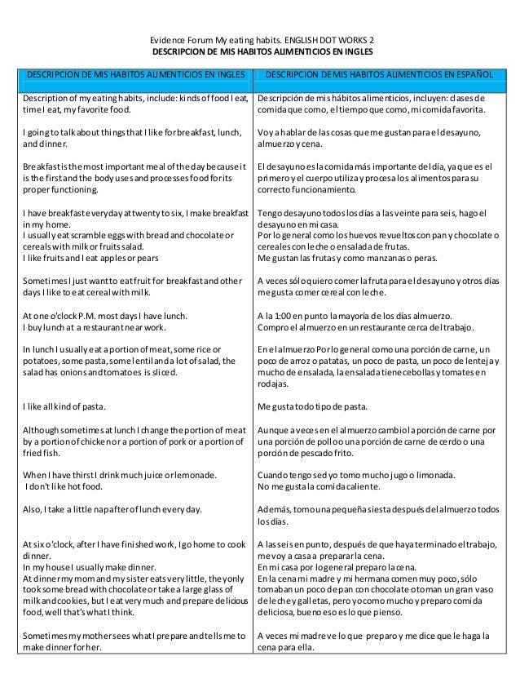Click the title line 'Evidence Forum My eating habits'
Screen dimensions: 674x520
[x=259, y=39]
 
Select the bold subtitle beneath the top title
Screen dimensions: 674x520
[x=259, y=51]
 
